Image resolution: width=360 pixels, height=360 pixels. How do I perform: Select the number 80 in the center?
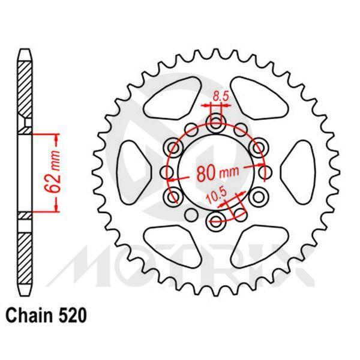203,173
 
